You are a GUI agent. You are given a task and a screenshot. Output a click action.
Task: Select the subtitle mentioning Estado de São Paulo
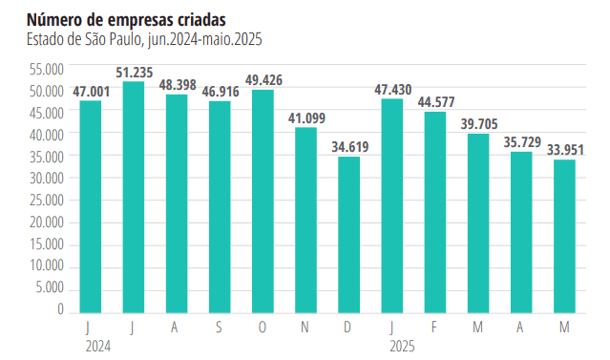(x=144, y=39)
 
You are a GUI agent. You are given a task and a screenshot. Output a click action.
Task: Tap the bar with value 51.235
(x=133, y=197)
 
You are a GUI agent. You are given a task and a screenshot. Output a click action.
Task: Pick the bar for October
(x=263, y=201)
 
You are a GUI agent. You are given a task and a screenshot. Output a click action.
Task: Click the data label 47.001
(x=90, y=91)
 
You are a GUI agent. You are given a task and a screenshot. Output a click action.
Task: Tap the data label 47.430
(x=392, y=90)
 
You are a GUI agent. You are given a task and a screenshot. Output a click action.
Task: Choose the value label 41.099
(x=305, y=117)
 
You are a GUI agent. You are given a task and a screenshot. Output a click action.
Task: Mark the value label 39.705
(x=478, y=124)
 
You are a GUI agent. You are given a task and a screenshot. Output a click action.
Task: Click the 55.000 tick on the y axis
(x=47, y=69)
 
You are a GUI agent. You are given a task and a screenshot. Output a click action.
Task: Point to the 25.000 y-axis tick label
(x=47, y=201)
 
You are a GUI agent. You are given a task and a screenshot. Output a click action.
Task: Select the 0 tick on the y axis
(x=60, y=309)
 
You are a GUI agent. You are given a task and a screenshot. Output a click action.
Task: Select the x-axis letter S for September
(x=220, y=327)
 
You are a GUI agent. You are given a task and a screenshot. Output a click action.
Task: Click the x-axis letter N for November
(x=305, y=327)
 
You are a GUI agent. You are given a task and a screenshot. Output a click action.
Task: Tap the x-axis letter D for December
(x=349, y=327)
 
